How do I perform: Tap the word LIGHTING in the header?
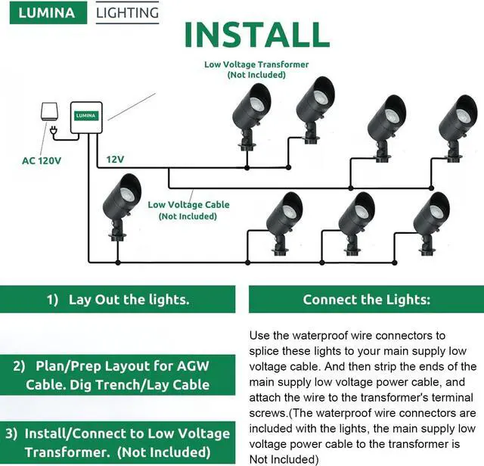pyautogui.click(x=129, y=13)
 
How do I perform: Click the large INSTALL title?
pyautogui.click(x=256, y=36)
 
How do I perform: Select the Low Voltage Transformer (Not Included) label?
pyautogui.click(x=256, y=70)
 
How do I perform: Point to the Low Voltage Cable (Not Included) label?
pyautogui.click(x=188, y=210)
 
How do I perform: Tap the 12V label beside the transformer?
pyautogui.click(x=115, y=160)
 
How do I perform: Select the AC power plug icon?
pyautogui.click(x=54, y=133)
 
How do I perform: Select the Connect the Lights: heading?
pyautogui.click(x=366, y=300)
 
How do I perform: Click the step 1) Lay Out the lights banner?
pyautogui.click(x=118, y=300)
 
